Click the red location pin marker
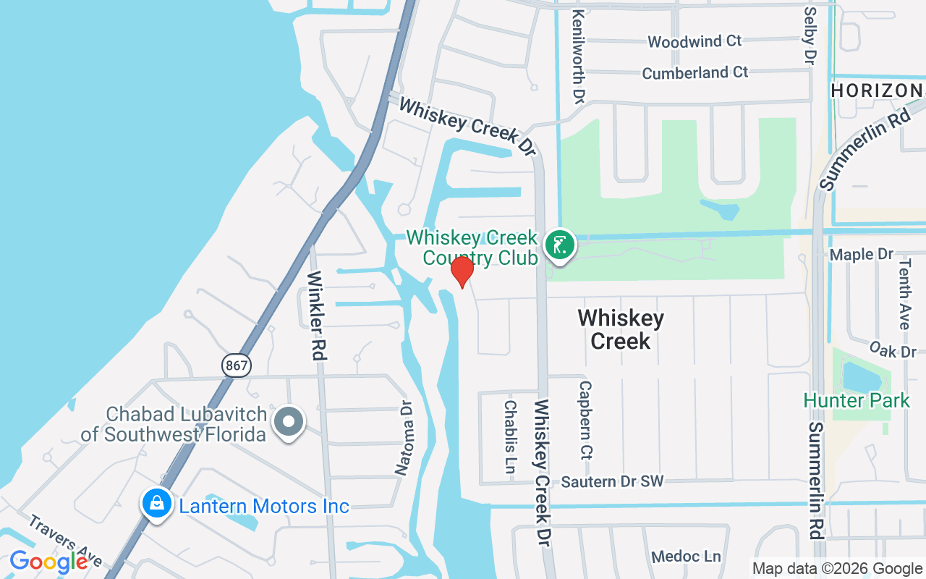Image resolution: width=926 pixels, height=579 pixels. pyautogui.click(x=462, y=271)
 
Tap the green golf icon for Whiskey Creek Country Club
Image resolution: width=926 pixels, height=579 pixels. pyautogui.click(x=559, y=245)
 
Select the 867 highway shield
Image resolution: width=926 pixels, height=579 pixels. pyautogui.click(x=237, y=365)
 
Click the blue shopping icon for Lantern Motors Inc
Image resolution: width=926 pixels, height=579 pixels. pyautogui.click(x=156, y=504)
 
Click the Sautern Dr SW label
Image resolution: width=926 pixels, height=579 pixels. pyautogui.click(x=612, y=481)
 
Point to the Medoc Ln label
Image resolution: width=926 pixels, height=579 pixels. pyautogui.click(x=686, y=557)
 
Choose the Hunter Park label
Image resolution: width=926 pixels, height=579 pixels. pyautogui.click(x=857, y=400)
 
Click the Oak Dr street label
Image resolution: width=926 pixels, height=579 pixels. pyautogui.click(x=893, y=350)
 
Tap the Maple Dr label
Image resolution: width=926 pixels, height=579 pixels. pyautogui.click(x=862, y=254)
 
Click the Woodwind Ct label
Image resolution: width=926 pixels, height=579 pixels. pyautogui.click(x=694, y=41)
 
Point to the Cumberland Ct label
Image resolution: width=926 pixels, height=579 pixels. pyautogui.click(x=695, y=72)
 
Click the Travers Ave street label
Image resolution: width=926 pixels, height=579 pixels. pyautogui.click(x=66, y=540)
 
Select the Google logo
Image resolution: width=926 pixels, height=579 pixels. pyautogui.click(x=48, y=562)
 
